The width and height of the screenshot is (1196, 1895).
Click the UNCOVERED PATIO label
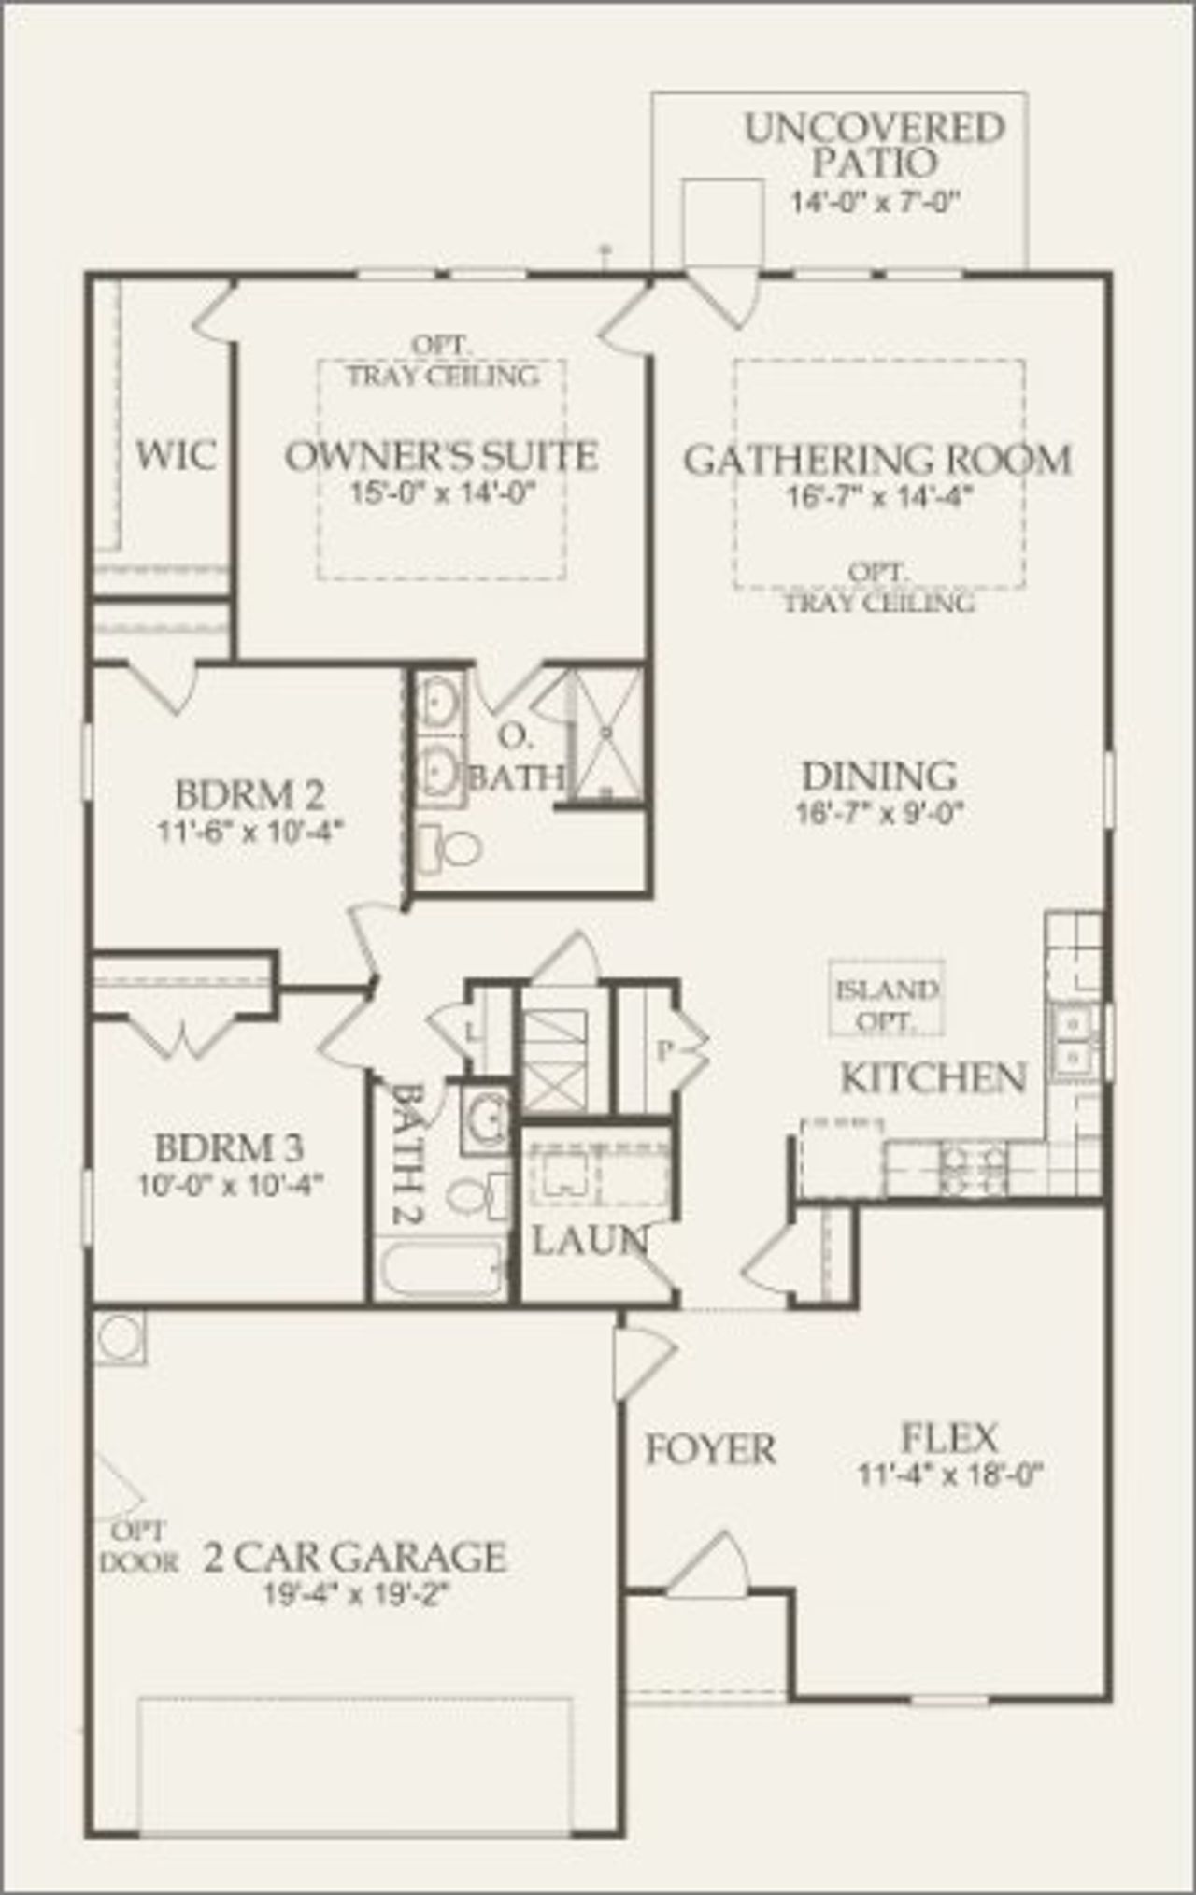pos(874,145)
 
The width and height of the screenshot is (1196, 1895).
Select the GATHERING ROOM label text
pos(877,460)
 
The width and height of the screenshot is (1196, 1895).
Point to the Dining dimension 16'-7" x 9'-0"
pos(878,813)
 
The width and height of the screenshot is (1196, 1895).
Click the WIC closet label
pos(176,456)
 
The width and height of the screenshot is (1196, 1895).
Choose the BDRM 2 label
pos(249,795)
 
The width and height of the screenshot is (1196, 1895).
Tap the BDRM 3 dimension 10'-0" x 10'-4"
pos(230,1185)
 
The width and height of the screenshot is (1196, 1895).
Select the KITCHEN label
pos(933,1078)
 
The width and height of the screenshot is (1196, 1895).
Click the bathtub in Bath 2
pos(442,1268)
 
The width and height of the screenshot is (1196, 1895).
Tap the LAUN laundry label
pos(590,1241)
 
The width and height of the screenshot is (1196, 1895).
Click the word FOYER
pos(710,1449)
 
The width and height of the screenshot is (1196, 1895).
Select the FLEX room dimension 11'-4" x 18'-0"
pos(949,1475)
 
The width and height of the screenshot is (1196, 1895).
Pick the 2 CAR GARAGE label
pos(355,1558)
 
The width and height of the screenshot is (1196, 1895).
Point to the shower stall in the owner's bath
pos(606,735)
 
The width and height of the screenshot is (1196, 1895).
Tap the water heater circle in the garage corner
pos(120,1336)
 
